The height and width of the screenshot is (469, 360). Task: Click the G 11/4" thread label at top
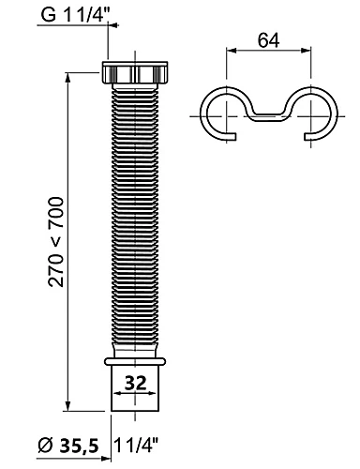[74, 14]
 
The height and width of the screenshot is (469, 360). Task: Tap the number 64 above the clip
[268, 40]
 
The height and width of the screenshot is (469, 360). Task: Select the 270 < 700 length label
[56, 242]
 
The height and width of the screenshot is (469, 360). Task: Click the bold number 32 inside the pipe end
[135, 383]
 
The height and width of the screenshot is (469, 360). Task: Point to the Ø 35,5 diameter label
[68, 446]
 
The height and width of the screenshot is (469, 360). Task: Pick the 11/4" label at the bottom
[137, 445]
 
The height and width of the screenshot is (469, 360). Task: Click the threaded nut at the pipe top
[135, 72]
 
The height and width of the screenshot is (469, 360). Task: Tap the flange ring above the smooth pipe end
[135, 361]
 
